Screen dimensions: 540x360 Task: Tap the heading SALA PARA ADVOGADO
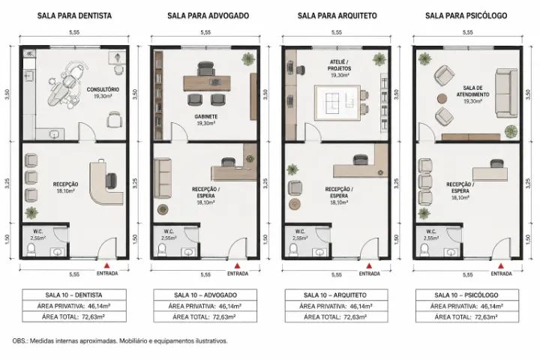click(x=208, y=16)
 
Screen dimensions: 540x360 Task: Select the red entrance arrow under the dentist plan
click(x=107, y=265)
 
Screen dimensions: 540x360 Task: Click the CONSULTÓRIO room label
click(x=103, y=89)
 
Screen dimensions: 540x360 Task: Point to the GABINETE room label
click(x=206, y=117)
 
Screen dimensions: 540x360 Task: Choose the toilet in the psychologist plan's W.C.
click(x=424, y=250)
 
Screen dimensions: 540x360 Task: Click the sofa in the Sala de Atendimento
click(x=506, y=93)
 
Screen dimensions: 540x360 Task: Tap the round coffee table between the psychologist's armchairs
click(x=442, y=98)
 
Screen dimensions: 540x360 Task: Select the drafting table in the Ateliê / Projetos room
click(x=337, y=102)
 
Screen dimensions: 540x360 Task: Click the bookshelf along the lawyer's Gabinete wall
click(x=158, y=95)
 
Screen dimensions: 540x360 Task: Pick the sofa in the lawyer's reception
click(x=163, y=178)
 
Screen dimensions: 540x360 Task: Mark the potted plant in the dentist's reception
click(x=31, y=212)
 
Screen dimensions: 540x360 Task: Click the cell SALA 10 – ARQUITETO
click(x=336, y=295)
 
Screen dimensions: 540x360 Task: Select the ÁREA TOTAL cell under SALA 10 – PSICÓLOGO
click(x=467, y=317)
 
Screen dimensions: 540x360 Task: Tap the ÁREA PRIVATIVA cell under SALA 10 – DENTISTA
click(x=74, y=306)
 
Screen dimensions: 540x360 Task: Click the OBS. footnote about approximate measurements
click(x=120, y=341)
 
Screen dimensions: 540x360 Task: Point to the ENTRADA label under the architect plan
click(x=369, y=274)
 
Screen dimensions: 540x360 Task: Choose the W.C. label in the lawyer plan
click(x=169, y=232)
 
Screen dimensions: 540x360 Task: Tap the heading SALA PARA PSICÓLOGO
click(x=466, y=16)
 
